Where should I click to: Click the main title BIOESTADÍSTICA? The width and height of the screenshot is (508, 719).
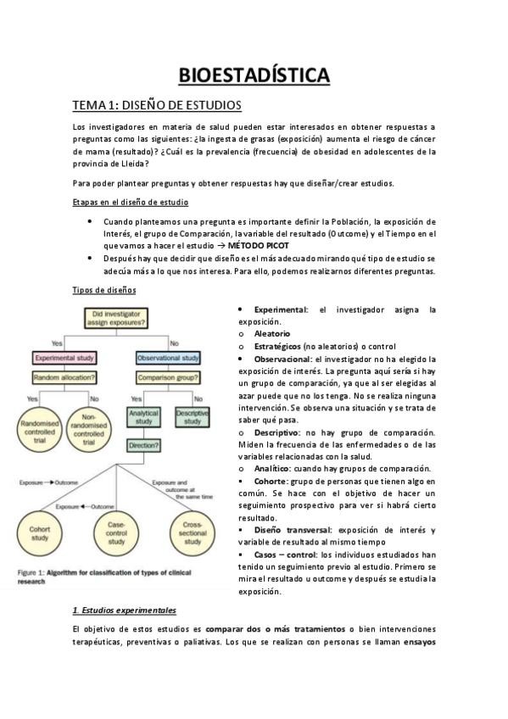pos(254,75)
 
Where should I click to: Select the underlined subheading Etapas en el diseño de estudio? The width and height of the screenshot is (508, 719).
pos(131,202)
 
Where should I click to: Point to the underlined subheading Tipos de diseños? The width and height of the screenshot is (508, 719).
pos(104,290)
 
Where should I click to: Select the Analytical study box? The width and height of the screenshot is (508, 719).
pos(144,417)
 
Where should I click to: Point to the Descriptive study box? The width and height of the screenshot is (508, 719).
pos(193,417)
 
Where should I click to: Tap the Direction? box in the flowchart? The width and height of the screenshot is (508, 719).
pos(144,444)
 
